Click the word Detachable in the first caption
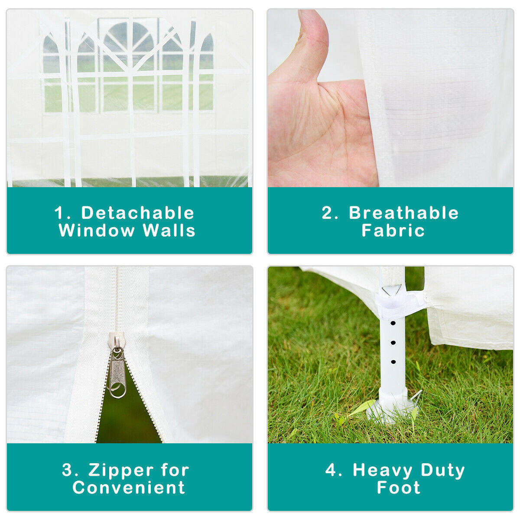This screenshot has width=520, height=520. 138,213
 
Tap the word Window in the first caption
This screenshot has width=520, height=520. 97,231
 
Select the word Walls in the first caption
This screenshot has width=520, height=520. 169,231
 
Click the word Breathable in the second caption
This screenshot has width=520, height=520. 404,213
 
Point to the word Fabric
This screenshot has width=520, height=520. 393,231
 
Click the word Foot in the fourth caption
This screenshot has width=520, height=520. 398,487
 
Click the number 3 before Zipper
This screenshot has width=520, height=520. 67,470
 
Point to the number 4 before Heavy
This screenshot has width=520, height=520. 331,470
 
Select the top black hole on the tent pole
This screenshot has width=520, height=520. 393,323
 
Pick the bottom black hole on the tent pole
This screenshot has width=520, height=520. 393,362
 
